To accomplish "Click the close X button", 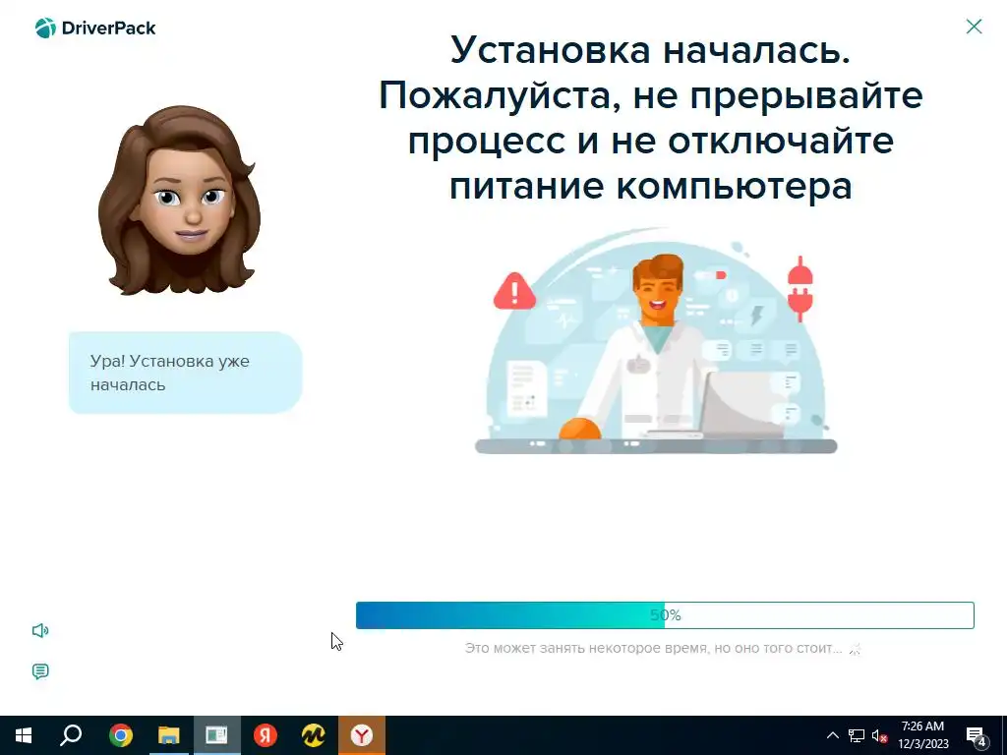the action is [x=974, y=27].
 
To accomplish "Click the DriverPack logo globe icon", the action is [x=45, y=29].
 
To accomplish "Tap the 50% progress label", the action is [x=666, y=615].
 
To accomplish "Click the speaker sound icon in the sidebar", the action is [x=40, y=630].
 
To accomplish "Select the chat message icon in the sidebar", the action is [x=40, y=671].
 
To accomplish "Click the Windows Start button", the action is [x=24, y=735].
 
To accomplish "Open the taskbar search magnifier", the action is [x=71, y=734].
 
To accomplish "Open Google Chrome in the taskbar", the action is [x=121, y=735].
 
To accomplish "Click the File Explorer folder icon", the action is [x=169, y=735].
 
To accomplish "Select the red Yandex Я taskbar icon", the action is [x=265, y=735].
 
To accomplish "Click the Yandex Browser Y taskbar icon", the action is [x=362, y=735].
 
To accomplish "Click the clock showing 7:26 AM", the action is [x=922, y=735].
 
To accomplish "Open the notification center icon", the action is [x=977, y=735].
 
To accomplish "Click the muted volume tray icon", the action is [x=879, y=735].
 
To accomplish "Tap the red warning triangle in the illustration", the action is [x=514, y=291].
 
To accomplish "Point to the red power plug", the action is [x=800, y=289].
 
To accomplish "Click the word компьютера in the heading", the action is [x=734, y=186].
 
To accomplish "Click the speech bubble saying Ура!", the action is [x=186, y=373].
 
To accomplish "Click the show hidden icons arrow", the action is [x=832, y=735].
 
